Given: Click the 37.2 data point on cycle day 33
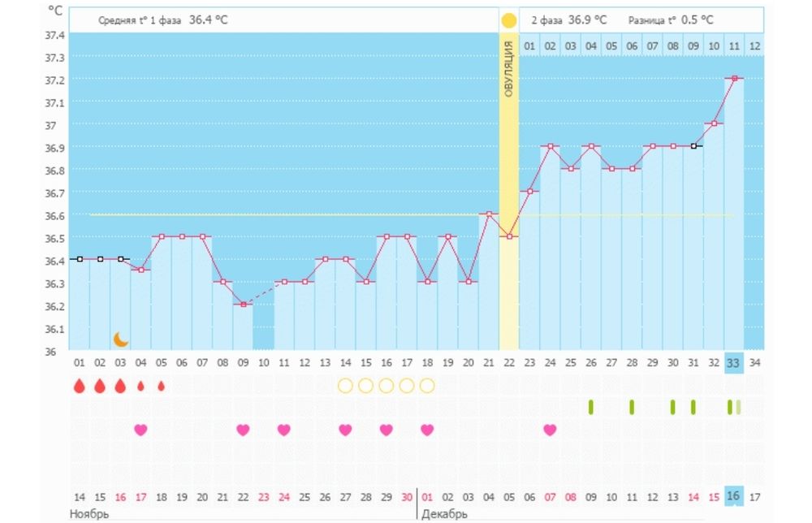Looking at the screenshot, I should tap(734, 78).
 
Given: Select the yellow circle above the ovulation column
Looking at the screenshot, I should tap(509, 20).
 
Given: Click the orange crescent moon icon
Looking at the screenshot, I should tap(121, 338).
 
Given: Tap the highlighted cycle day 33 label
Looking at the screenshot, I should tap(734, 362).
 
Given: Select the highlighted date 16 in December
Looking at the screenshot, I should tap(734, 496).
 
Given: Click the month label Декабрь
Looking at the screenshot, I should tap(444, 514).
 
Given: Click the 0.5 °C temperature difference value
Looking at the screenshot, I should tap(698, 19).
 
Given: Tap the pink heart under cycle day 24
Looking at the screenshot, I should tap(550, 430).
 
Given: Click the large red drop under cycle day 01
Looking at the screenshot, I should tap(80, 386).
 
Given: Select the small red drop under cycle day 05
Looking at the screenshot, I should tap(161, 386).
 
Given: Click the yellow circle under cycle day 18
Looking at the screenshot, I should tap(427, 386).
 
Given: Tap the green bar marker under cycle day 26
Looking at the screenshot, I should tap(591, 407).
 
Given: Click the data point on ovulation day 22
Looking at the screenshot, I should tap(509, 236).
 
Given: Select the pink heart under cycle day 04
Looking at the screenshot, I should tap(140, 430).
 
